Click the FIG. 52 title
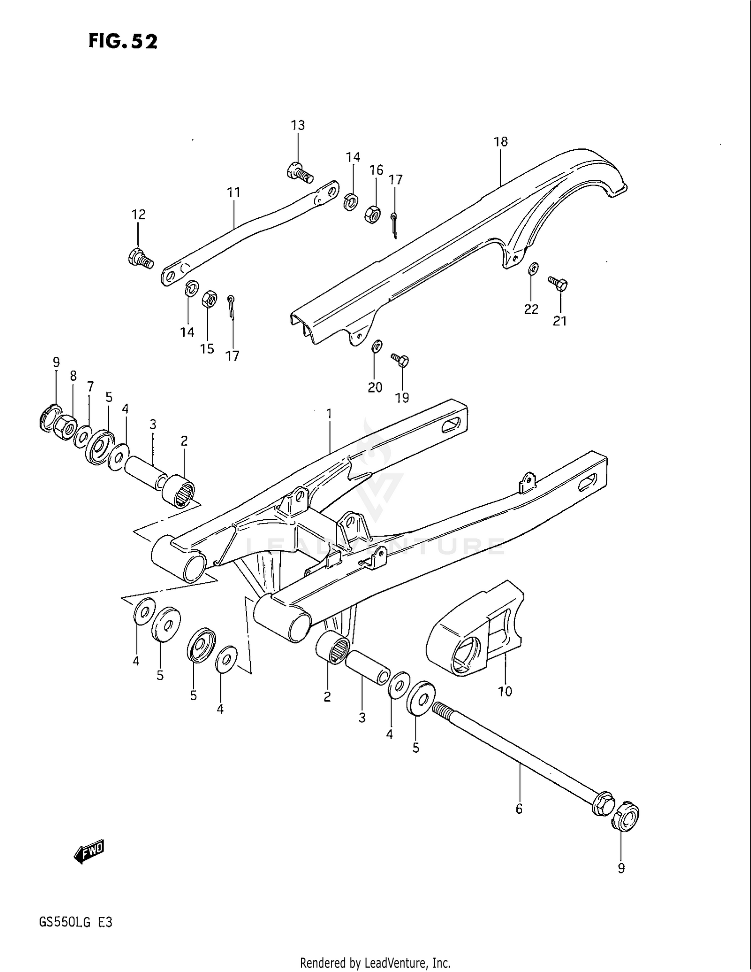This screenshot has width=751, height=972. tap(123, 41)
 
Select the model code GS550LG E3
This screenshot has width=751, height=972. tap(76, 922)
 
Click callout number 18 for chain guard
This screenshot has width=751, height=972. tap(501, 142)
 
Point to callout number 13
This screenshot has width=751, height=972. tap(298, 125)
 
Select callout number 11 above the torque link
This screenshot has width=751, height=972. tap(234, 192)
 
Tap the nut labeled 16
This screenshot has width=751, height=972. tap(372, 214)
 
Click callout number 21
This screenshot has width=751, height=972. tap(560, 321)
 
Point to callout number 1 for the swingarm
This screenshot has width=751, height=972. tap(329, 414)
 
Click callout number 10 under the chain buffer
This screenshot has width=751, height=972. tap(505, 691)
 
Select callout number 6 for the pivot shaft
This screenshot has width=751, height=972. tap(519, 808)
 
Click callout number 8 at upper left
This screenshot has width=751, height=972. tap(73, 376)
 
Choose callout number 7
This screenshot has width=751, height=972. tap(90, 386)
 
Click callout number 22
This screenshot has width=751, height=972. tap(531, 309)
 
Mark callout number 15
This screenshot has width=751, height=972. tap(207, 349)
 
